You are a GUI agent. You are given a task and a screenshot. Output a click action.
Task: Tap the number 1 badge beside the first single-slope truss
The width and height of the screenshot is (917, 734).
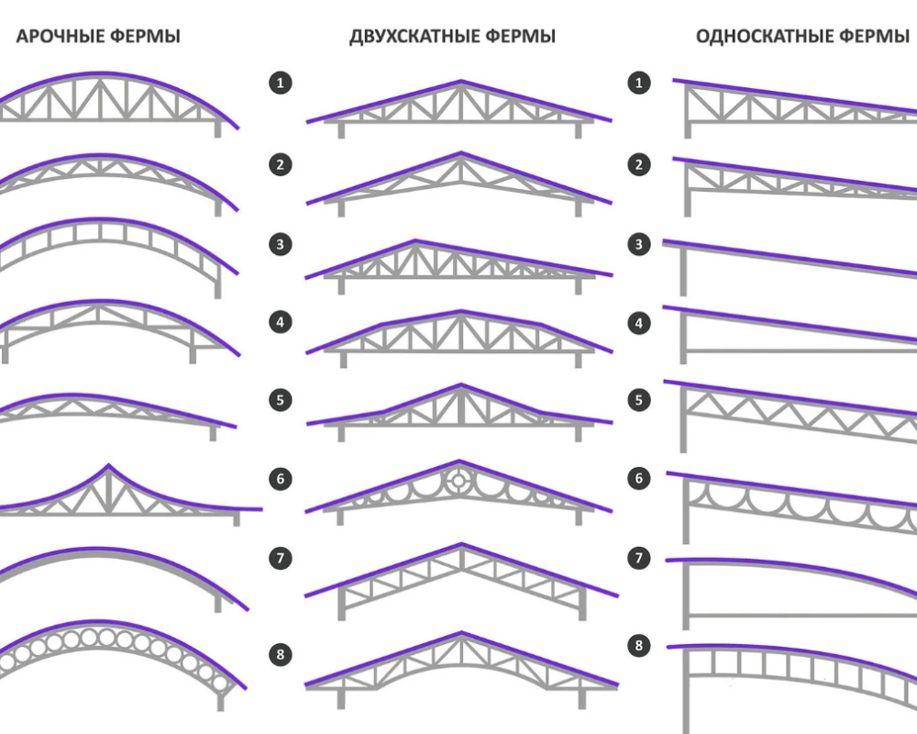click(638, 83)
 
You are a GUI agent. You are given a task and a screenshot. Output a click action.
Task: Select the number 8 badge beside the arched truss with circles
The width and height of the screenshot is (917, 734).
click(280, 654)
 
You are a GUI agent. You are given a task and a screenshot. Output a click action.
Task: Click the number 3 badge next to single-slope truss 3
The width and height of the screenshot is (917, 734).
click(638, 244)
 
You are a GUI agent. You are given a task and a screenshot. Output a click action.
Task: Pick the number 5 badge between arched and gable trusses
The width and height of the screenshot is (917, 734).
click(280, 400)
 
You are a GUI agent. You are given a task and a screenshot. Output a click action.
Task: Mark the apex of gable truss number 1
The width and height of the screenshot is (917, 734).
click(461, 82)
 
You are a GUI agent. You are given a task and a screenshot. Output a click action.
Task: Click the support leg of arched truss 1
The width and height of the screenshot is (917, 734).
click(217, 128)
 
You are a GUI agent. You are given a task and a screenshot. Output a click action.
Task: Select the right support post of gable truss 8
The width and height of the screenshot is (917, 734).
click(582, 698)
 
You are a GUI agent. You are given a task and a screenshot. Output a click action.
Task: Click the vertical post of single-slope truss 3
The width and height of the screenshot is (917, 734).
click(683, 271)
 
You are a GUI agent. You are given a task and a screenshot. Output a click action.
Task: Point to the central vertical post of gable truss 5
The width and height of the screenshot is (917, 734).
click(461, 406)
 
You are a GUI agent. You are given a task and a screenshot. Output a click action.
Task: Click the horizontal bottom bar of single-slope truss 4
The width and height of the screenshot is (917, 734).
click(801, 351)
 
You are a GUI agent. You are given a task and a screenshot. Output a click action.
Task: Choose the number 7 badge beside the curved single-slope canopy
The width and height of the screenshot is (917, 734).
click(638, 558)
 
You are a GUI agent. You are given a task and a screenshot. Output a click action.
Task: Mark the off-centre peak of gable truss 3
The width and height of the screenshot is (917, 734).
click(415, 240)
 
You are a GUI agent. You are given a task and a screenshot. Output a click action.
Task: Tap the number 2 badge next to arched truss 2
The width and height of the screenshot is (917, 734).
click(280, 164)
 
